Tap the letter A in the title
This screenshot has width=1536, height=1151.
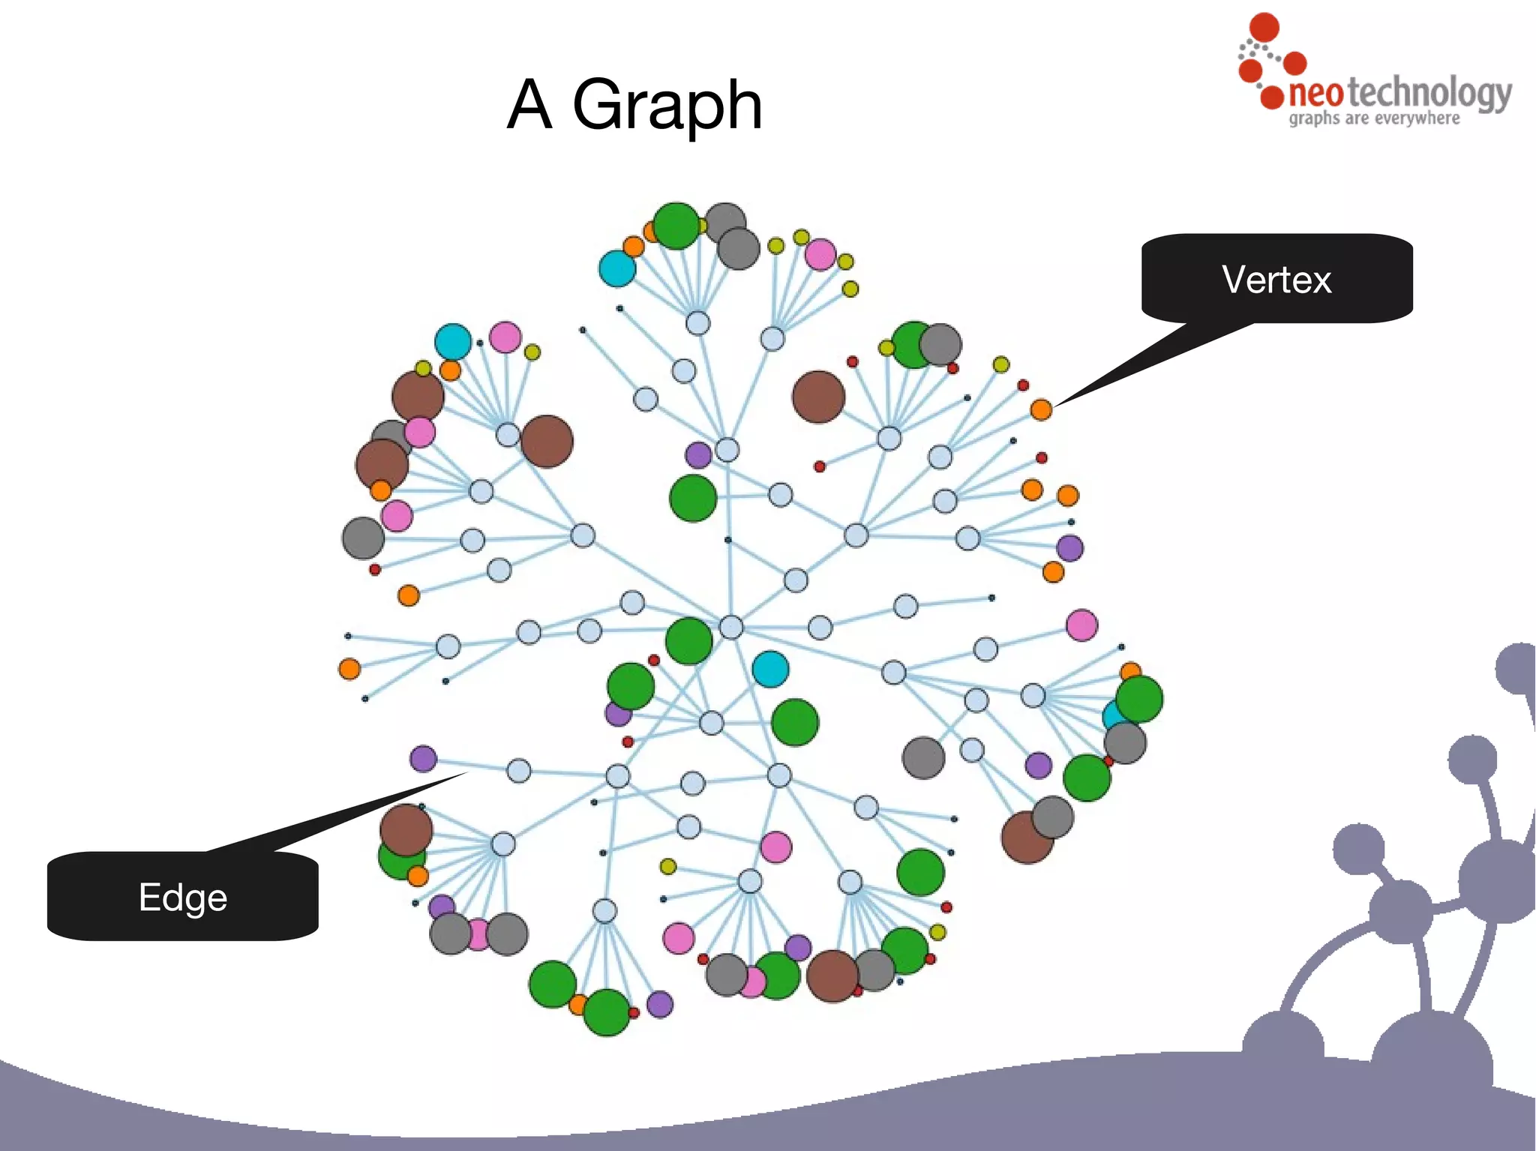[530, 105]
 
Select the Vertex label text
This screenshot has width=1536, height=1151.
[1276, 280]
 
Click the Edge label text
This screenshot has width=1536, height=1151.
[183, 898]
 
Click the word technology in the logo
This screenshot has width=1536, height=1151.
[1429, 94]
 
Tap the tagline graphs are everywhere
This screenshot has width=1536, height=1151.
[1374, 118]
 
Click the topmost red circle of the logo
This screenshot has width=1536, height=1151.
[1264, 27]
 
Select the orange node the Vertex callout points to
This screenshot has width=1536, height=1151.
[1041, 409]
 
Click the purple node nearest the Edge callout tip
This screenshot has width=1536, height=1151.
[424, 759]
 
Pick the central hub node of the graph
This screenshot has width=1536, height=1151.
[730, 627]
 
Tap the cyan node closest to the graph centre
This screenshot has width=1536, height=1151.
[770, 669]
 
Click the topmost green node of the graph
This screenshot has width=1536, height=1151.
[676, 225]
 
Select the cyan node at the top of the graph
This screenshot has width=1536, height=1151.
[617, 268]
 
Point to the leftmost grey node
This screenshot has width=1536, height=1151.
[363, 538]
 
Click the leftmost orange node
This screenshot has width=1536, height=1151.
[349, 668]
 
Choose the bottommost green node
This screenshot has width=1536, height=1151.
[607, 1012]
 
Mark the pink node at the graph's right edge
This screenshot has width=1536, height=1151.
[1081, 625]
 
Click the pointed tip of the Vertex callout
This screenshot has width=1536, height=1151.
[1056, 406]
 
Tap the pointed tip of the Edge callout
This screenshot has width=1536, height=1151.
[466, 773]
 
